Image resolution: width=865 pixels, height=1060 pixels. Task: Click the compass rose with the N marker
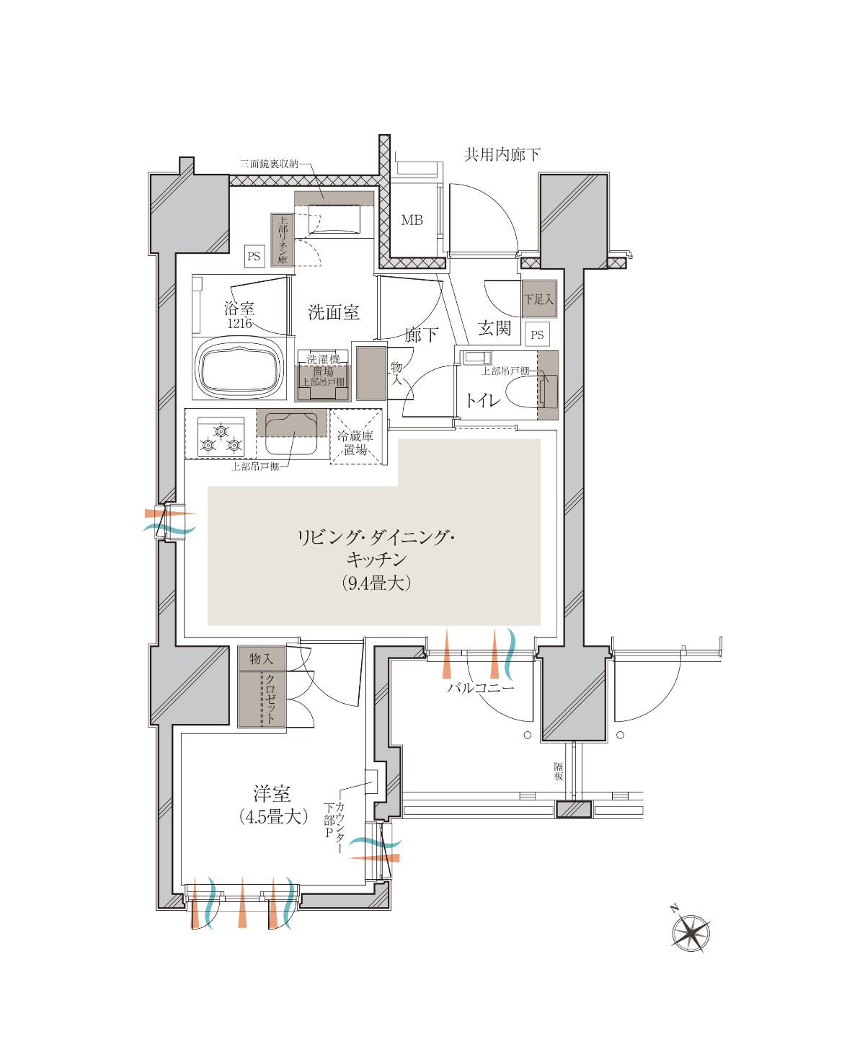pos(690,932)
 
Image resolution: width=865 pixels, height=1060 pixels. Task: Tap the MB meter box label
pos(412,220)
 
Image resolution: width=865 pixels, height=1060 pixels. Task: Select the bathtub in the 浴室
pos(239,368)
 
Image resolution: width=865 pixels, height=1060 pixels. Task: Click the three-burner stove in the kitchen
pos(221,437)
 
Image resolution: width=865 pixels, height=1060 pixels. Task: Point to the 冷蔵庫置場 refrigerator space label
pos(355,443)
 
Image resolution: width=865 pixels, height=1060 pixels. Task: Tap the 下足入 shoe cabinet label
pos(539,299)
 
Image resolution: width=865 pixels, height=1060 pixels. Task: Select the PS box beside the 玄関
pos(537,335)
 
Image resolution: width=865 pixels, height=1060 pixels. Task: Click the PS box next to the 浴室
pos(254,256)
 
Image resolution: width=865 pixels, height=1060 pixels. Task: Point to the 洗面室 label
pos(334,313)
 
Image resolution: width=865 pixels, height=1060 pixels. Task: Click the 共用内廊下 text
pos(502,154)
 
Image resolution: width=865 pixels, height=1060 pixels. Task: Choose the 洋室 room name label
pos(272,794)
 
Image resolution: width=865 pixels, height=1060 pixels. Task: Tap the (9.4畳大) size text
pos(376,583)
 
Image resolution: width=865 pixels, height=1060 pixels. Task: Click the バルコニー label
pos(480,687)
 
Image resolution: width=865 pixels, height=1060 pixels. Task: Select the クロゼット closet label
pos(270,699)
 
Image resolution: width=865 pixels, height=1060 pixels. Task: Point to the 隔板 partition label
pos(559,772)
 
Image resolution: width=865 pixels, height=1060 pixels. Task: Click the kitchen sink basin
pos(291,433)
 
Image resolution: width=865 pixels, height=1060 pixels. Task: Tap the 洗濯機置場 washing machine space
pos(323,376)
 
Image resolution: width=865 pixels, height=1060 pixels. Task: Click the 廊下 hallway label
pos(422,335)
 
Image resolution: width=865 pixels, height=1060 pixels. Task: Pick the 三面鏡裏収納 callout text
pos(270,164)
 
